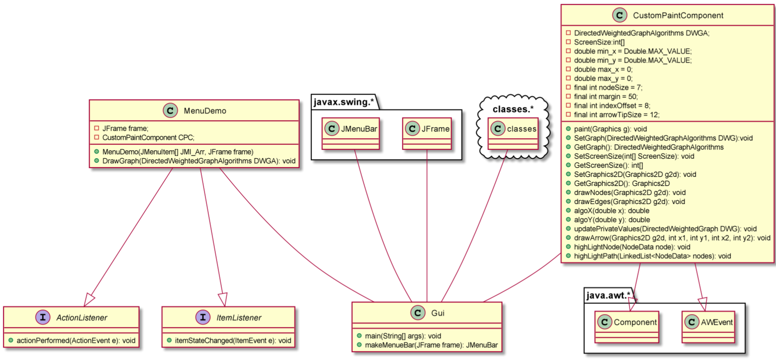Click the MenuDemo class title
205,111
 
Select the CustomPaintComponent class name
678,16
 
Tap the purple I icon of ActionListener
43,317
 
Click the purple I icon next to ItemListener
203,317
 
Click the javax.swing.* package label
344,102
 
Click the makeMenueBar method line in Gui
431,345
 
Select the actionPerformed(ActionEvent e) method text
76,341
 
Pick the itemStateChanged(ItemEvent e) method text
233,341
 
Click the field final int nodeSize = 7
608,88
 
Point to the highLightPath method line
652,256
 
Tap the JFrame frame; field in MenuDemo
125,129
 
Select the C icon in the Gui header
418,313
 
